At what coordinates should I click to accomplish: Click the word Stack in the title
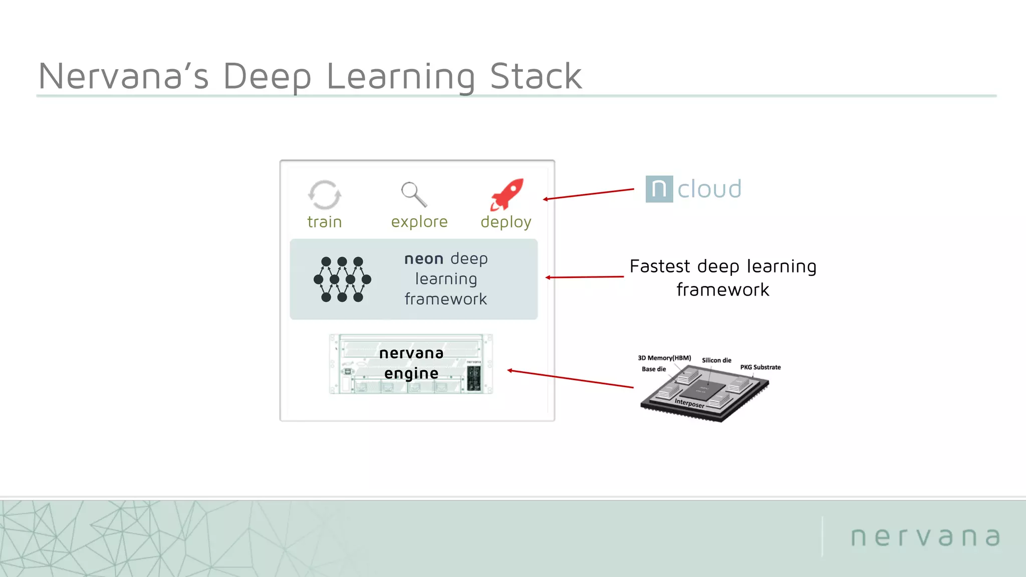click(x=536, y=77)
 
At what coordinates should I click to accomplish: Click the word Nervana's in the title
click(x=123, y=77)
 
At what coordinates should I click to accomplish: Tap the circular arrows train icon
click(x=324, y=195)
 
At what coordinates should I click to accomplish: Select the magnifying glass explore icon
click(x=414, y=194)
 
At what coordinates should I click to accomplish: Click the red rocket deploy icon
click(x=507, y=194)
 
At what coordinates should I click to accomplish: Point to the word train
click(x=324, y=222)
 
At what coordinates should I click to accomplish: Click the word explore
click(x=419, y=221)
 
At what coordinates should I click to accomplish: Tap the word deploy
click(x=506, y=222)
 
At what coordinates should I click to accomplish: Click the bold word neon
click(x=424, y=259)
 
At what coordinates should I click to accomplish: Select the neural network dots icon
click(x=342, y=279)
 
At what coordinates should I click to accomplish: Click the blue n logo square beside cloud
click(x=659, y=189)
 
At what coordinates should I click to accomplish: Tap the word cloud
click(x=709, y=189)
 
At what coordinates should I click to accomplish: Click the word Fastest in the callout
click(x=659, y=266)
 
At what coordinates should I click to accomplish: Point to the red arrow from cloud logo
click(x=589, y=194)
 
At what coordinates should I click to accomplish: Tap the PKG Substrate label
click(x=760, y=367)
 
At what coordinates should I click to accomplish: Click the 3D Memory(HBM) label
click(x=664, y=358)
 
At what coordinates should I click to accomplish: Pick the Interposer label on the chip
click(x=689, y=403)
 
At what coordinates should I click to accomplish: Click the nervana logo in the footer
click(x=925, y=537)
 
